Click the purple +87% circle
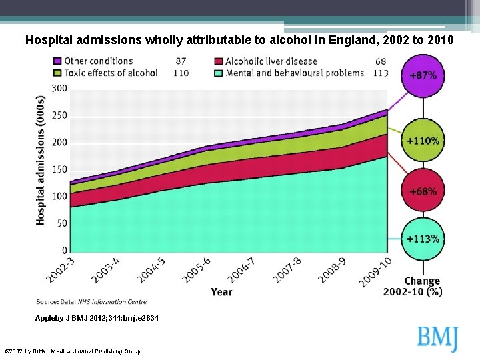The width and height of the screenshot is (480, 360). pyautogui.click(x=423, y=75)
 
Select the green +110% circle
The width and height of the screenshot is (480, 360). pyautogui.click(x=423, y=141)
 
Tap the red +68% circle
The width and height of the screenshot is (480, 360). pyautogui.click(x=423, y=191)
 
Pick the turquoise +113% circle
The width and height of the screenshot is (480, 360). pyautogui.click(x=423, y=239)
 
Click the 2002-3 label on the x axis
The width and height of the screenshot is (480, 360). pyautogui.click(x=61, y=271)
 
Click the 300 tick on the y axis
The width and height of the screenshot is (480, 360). pyautogui.click(x=59, y=88)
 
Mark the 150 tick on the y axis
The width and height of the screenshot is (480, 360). pyautogui.click(x=59, y=169)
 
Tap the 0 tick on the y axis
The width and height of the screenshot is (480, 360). pyautogui.click(x=64, y=250)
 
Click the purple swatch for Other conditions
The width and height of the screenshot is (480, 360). pyautogui.click(x=58, y=61)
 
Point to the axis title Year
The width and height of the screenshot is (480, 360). pyautogui.click(x=221, y=291)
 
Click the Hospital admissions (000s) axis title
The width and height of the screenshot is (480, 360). pyautogui.click(x=41, y=161)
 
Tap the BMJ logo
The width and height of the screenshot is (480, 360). pyautogui.click(x=438, y=337)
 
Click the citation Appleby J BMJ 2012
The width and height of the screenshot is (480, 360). pyautogui.click(x=97, y=319)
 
